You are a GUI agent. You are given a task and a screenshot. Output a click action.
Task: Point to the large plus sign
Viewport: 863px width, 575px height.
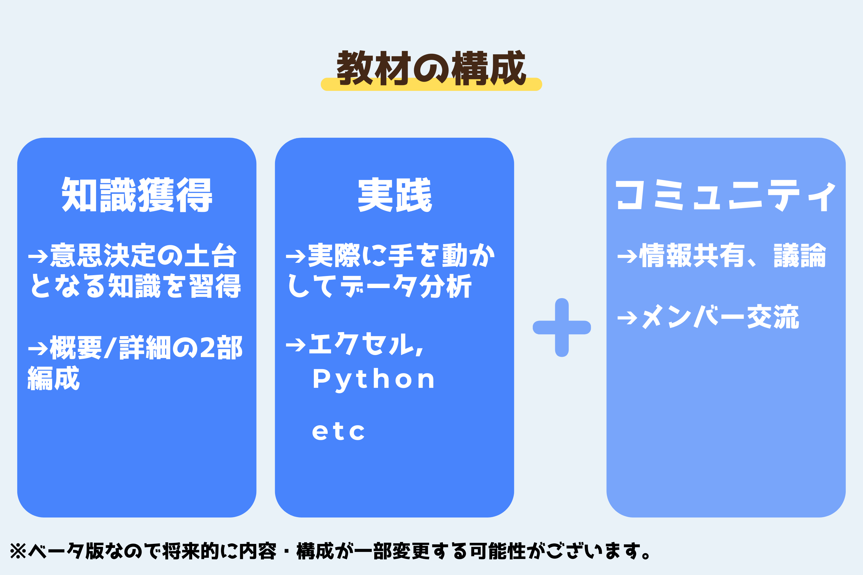(x=562, y=327)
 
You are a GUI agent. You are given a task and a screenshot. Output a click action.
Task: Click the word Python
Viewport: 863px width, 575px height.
(x=373, y=380)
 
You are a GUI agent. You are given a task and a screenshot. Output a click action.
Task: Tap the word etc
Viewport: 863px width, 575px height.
(x=338, y=431)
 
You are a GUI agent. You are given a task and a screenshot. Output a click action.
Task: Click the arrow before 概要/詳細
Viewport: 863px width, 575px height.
(x=38, y=349)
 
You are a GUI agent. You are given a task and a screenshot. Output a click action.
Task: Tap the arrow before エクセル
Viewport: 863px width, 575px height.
(x=296, y=345)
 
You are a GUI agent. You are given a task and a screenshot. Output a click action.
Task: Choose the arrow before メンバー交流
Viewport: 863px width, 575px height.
(x=627, y=318)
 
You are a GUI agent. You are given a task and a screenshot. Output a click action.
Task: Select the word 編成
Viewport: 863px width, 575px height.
(x=54, y=378)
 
